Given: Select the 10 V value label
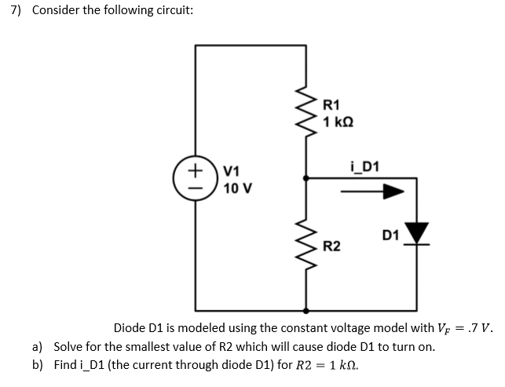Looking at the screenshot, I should (x=237, y=188).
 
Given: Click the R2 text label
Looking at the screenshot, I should (x=332, y=247).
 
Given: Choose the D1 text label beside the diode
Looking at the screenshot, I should (x=390, y=235).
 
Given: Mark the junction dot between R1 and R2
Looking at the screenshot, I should (x=305, y=179).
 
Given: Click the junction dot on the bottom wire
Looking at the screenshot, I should (x=305, y=309).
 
